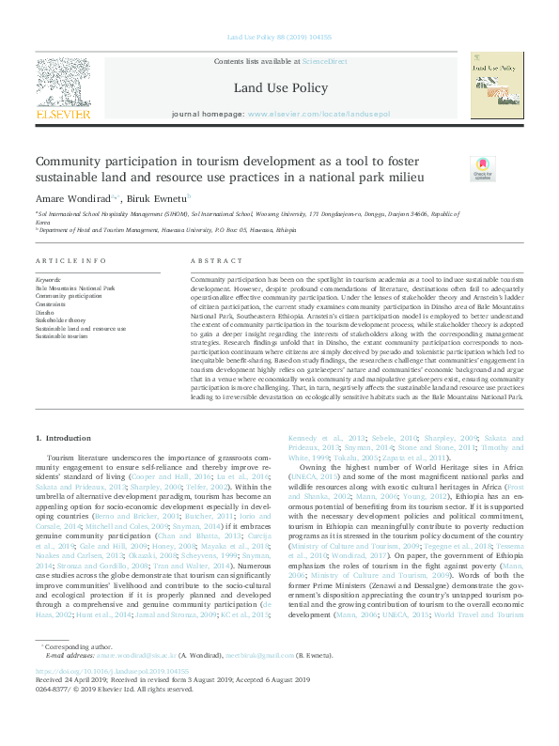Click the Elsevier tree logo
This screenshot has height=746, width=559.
point(63,83)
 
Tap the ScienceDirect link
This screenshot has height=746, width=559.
point(324,61)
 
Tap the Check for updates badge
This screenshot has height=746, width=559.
point(482,169)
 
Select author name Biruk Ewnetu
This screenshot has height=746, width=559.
point(158,197)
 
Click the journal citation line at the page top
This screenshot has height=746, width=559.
point(280,38)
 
